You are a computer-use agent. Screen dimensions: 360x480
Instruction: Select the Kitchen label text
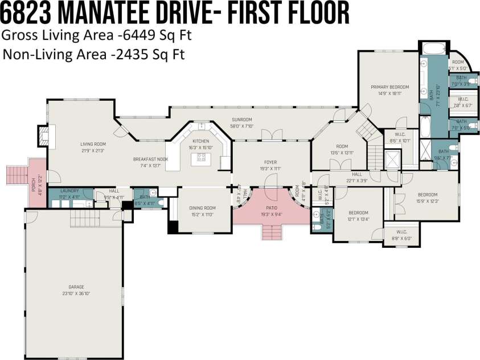[x=201, y=141]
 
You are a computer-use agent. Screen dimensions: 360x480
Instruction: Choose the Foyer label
[x=270, y=162]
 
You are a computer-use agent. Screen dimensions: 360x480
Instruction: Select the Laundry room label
[x=69, y=191]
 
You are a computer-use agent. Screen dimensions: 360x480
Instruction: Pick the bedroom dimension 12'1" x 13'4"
[x=359, y=219]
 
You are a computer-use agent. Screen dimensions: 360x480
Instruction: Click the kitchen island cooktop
[x=202, y=158]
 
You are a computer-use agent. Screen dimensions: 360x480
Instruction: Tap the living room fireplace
[x=44, y=136]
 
